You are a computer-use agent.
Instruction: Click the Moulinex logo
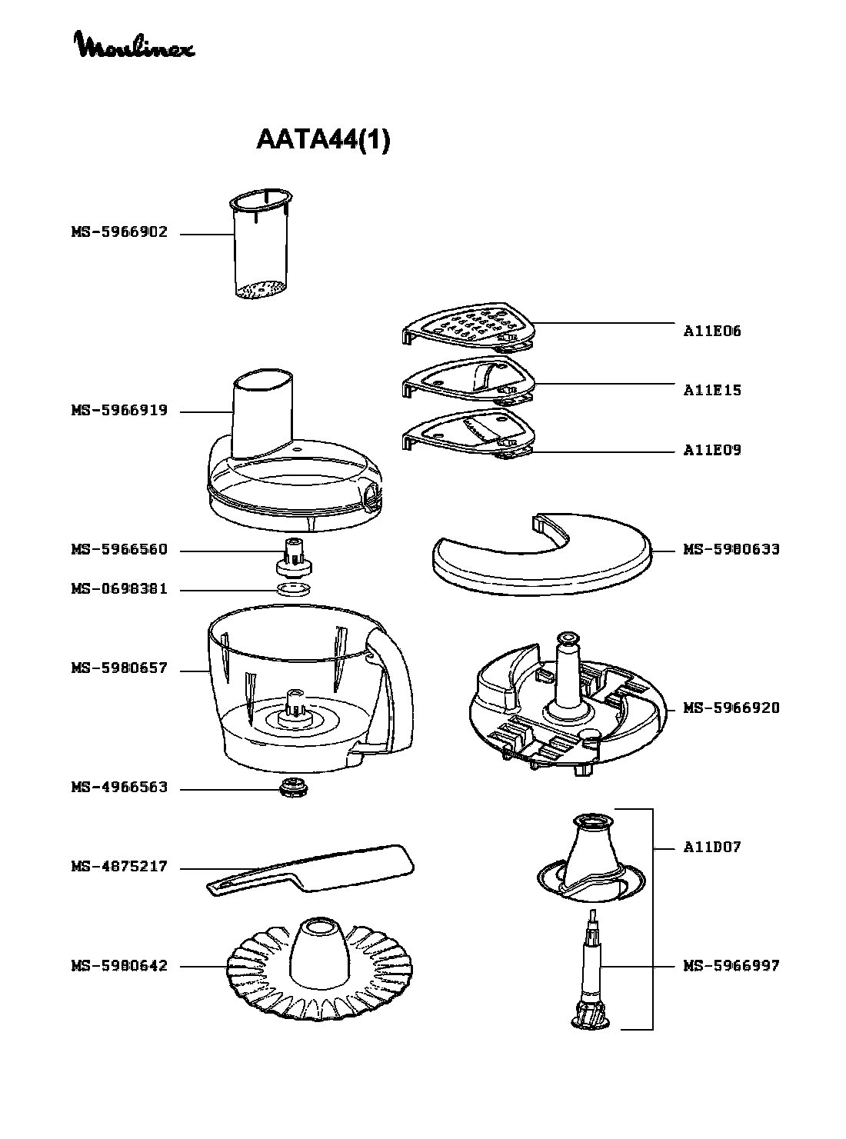(134, 46)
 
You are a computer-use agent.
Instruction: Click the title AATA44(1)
(323, 141)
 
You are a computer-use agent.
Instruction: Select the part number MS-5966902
(119, 232)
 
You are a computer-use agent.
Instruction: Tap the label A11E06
(712, 331)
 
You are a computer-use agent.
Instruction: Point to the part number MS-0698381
(119, 590)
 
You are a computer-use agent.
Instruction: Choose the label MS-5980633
(731, 550)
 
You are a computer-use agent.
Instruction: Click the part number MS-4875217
(119, 868)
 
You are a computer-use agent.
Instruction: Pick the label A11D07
(712, 848)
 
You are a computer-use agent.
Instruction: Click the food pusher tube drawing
(261, 246)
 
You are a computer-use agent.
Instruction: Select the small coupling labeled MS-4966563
(293, 788)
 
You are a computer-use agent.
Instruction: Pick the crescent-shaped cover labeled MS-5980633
(538, 558)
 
